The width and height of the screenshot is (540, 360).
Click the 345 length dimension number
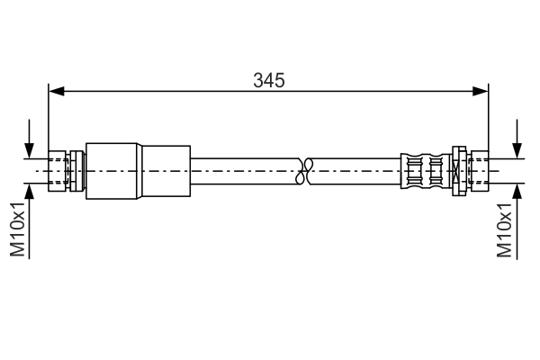coord(268,80)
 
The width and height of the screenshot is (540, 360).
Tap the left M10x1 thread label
coord(18,229)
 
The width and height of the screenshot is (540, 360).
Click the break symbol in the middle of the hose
coord(305,168)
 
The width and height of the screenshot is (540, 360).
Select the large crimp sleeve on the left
coord(139,169)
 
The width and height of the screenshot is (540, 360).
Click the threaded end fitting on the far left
coord(60,169)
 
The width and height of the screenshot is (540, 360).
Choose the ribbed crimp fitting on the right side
coord(423,169)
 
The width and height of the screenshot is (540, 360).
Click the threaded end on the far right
coord(477,169)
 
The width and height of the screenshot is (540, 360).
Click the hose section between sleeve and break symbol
coord(243,169)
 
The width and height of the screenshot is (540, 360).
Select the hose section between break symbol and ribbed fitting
coord(355,169)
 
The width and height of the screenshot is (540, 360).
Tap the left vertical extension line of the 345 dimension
coord(49,117)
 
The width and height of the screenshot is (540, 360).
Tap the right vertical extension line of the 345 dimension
coord(488,117)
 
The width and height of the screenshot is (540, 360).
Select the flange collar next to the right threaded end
coord(458,169)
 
